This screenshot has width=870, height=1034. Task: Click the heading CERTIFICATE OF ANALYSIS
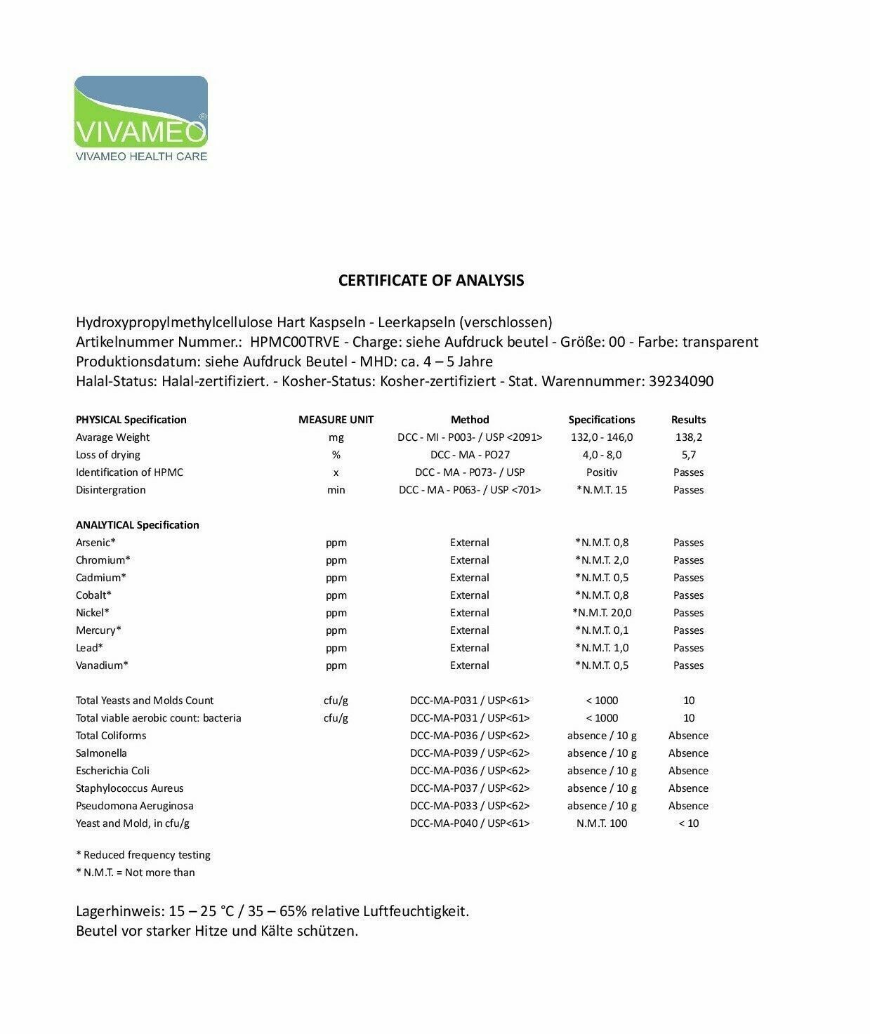pyautogui.click(x=431, y=280)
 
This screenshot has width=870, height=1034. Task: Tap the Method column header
pyautogui.click(x=470, y=420)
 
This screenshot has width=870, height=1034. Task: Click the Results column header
pyautogui.click(x=688, y=420)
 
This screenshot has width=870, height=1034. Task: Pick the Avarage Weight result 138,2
pyautogui.click(x=688, y=437)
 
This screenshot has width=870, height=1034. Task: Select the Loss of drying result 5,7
pyautogui.click(x=688, y=455)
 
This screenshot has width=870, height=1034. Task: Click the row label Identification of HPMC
pyautogui.click(x=129, y=472)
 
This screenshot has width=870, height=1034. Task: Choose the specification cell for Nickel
pyautogui.click(x=602, y=613)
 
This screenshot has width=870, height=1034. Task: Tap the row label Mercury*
pyautogui.click(x=98, y=630)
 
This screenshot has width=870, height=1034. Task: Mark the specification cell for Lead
pyautogui.click(x=602, y=648)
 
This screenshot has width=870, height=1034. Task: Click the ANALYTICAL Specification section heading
pyautogui.click(x=137, y=525)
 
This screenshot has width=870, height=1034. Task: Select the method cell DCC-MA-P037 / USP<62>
pyautogui.click(x=470, y=788)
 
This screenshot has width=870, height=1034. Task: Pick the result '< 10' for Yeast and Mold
pyautogui.click(x=688, y=823)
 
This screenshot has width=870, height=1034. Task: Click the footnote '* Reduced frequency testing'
pyautogui.click(x=143, y=855)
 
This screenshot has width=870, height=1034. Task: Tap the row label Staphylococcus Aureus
pyautogui.click(x=129, y=788)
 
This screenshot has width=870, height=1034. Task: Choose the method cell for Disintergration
pyautogui.click(x=470, y=490)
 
